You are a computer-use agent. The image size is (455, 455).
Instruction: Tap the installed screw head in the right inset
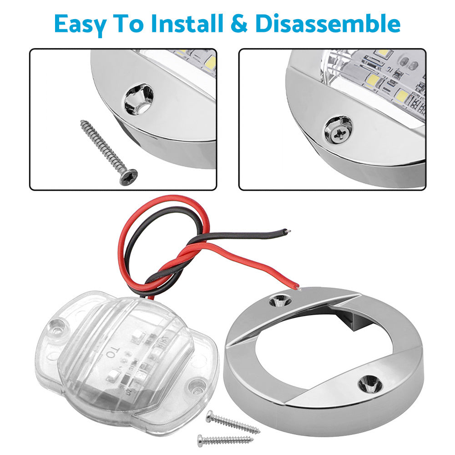pyautogui.click(x=339, y=130)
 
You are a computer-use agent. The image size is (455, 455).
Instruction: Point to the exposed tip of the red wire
pyautogui.click(x=298, y=287)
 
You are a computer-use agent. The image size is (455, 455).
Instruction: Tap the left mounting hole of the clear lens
pyautogui.click(x=56, y=326)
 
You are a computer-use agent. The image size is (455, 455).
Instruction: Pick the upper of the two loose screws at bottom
pyautogui.click(x=232, y=422)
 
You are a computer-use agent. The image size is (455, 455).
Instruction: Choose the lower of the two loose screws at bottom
pyautogui.click(x=225, y=440)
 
